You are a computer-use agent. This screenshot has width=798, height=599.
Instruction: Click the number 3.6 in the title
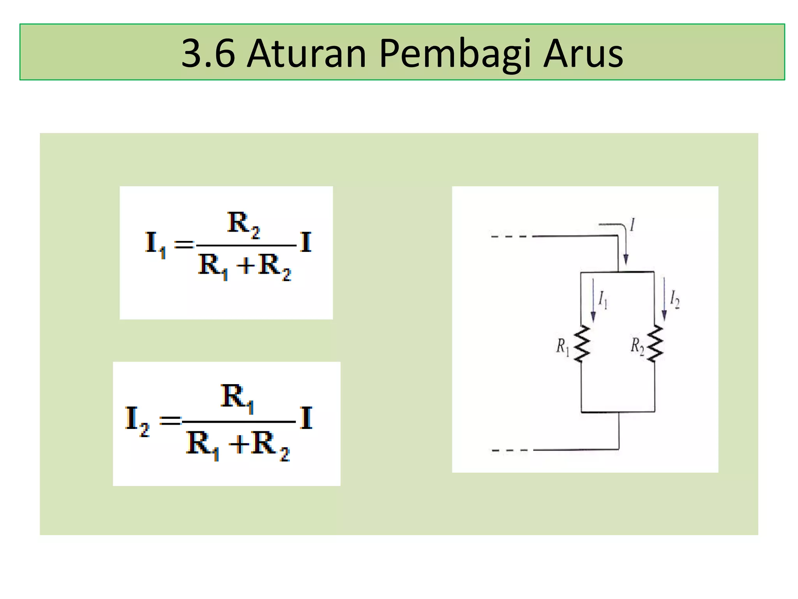pyautogui.click(x=208, y=53)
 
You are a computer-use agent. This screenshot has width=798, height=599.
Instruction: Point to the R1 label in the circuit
pyautogui.click(x=562, y=346)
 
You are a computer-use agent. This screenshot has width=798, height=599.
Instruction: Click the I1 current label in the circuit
pyautogui.click(x=603, y=299)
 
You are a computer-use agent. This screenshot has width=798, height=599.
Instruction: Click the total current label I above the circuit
pyautogui.click(x=632, y=225)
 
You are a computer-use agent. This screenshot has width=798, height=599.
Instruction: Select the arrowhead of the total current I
pyautogui.click(x=625, y=259)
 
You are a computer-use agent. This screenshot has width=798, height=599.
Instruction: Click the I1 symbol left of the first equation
pyautogui.click(x=155, y=244)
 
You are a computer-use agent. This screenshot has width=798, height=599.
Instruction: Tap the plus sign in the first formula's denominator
pyautogui.click(x=246, y=266)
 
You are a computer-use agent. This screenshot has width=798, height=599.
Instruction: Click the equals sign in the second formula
pyautogui.click(x=171, y=420)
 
